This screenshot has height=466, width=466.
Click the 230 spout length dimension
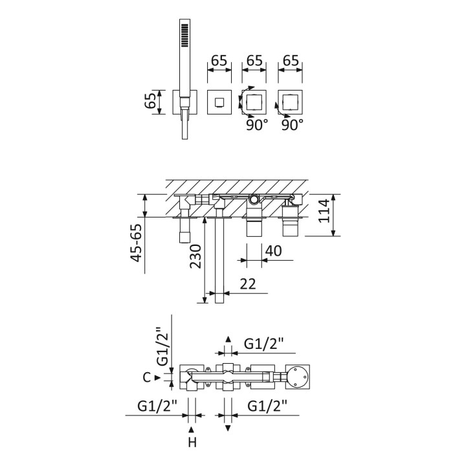click(195, 256)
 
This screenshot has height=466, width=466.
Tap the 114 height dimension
click(324, 211)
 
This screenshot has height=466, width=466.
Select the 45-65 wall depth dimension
click(137, 243)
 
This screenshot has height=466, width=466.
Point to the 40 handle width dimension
click(273, 251)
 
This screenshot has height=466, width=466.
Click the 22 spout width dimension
click(248, 284)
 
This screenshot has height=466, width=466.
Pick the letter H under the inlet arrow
click(192, 443)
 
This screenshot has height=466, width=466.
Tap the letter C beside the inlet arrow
click(146, 377)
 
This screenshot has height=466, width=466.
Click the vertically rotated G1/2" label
click(163, 346)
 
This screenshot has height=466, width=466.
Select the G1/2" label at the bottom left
click(157, 406)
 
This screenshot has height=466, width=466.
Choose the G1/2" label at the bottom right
click(267, 406)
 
